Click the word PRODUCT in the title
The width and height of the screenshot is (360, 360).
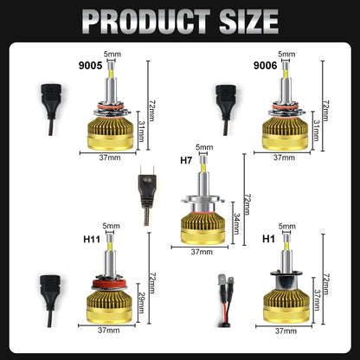146,22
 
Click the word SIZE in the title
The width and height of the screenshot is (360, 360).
248,22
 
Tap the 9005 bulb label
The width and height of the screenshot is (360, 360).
90,66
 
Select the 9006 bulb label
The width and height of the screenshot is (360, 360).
265,66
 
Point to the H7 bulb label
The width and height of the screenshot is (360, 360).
186,160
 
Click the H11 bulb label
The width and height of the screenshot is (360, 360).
92,239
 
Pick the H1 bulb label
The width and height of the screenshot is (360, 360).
268,239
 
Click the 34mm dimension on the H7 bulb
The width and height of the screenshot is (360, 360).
237,223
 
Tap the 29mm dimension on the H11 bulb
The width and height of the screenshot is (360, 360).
141,303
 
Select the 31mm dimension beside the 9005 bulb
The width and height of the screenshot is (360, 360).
141,131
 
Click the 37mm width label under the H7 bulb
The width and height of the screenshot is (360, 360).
202,252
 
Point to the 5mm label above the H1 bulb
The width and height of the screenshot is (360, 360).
287,226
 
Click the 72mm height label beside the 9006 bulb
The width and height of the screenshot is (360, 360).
325,111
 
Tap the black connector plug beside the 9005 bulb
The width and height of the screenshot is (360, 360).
51,109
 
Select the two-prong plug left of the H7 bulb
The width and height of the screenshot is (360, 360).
147,195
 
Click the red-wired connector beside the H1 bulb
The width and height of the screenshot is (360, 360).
225,301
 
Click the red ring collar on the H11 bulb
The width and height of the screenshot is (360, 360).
109,284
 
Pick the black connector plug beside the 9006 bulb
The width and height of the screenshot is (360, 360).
226,110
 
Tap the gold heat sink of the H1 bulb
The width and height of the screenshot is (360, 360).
286,306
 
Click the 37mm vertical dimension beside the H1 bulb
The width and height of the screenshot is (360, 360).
318,300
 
